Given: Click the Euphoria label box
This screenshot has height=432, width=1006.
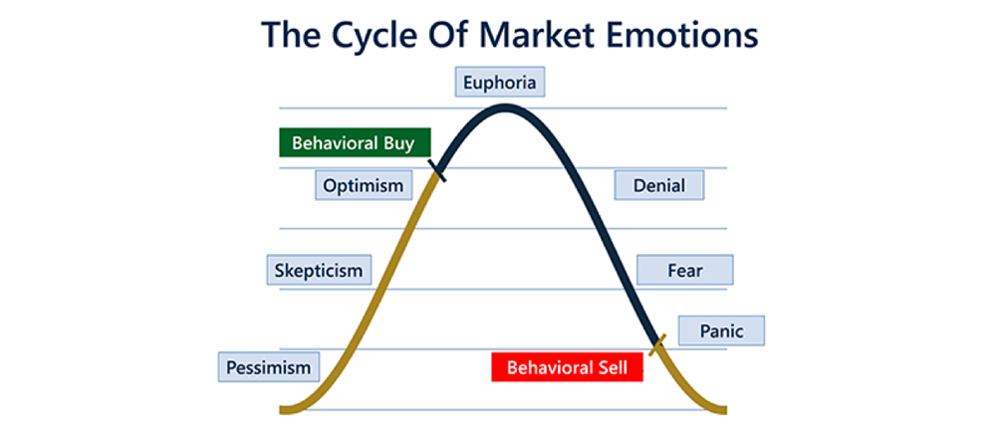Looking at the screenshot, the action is [500, 82].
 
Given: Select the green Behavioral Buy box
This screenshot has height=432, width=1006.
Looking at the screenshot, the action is [355, 142].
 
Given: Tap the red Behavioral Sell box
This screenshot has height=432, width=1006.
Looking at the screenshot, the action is [567, 367].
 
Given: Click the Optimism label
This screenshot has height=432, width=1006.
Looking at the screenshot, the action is [364, 185].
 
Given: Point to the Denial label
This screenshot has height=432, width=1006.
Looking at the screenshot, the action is [659, 185].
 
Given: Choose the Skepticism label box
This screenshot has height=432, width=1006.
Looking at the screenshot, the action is [319, 270].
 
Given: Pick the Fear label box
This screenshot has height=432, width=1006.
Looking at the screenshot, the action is [684, 270].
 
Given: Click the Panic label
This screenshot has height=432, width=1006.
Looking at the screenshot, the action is [722, 330].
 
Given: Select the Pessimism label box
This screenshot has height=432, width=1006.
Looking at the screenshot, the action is [268, 367].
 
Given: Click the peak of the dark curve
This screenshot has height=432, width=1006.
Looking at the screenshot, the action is [504, 108].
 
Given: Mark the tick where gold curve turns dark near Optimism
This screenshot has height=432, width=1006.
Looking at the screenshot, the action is [439, 171].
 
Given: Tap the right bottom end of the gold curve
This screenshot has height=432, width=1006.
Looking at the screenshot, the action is [726, 409].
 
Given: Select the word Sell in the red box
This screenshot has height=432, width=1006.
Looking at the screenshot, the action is [613, 368].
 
